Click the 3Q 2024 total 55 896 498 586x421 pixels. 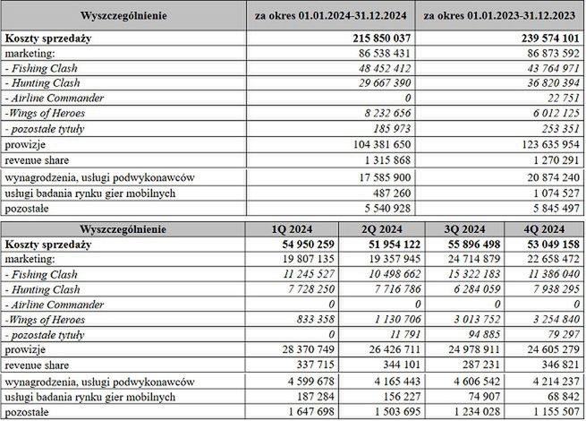point(464,244)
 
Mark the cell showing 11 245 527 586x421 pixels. point(303,274)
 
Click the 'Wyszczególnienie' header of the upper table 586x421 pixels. point(123,16)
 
